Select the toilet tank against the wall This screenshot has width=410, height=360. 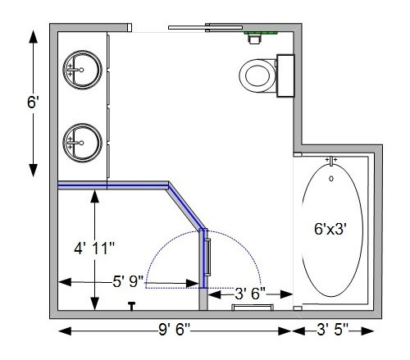(x=285, y=75)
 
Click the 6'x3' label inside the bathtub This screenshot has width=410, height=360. (x=330, y=229)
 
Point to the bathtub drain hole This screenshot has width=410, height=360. (x=331, y=179)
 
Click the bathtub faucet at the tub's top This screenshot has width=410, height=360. (x=331, y=161)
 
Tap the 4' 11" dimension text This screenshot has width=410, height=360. (x=94, y=248)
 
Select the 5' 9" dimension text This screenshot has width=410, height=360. (x=128, y=281)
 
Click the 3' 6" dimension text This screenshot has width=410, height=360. (x=250, y=294)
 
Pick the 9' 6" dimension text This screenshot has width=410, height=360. (x=174, y=330)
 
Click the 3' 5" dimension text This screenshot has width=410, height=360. (x=332, y=330)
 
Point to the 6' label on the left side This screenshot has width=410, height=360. (x=33, y=103)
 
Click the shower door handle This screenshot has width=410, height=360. (x=208, y=257)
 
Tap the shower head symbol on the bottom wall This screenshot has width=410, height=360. (x=132, y=306)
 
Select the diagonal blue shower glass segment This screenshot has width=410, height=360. (x=186, y=207)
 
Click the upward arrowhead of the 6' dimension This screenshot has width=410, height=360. (x=33, y=37)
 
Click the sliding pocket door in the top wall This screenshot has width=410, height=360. (x=205, y=27)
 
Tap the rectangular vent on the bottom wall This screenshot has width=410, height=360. (x=253, y=308)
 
